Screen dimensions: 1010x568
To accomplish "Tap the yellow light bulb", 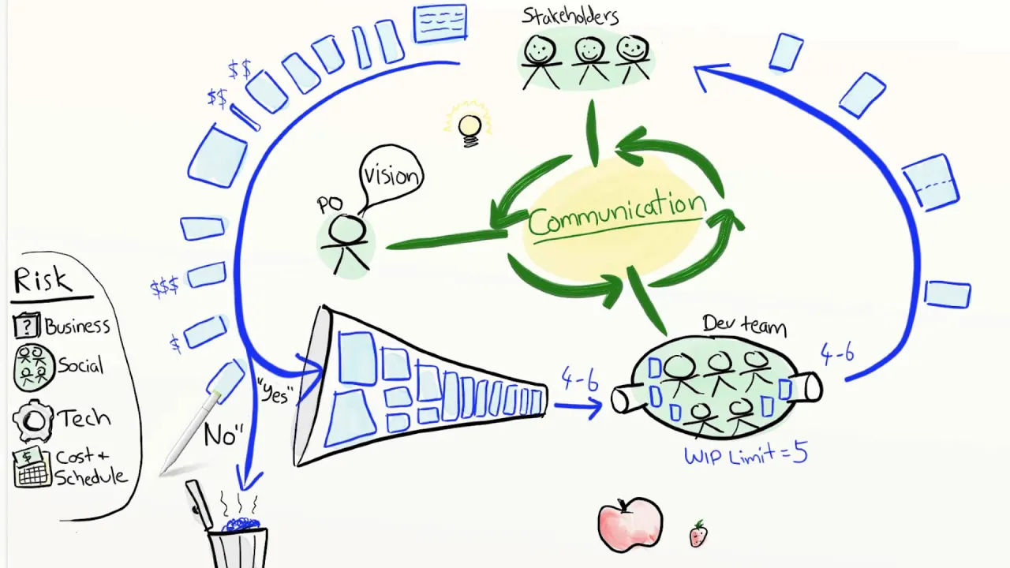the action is pyautogui.click(x=469, y=127).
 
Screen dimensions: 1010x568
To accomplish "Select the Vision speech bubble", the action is pyautogui.click(x=391, y=175).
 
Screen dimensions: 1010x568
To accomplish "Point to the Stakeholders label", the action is pyautogui.click(x=570, y=16).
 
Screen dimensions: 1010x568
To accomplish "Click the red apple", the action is pyautogui.click(x=629, y=524).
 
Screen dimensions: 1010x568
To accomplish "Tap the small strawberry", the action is pyautogui.click(x=698, y=534).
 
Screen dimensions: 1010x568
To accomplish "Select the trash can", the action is pyautogui.click(x=237, y=540).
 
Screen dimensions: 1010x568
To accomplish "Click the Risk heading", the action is pyautogui.click(x=43, y=281).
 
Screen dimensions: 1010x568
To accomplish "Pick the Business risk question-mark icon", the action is pyautogui.click(x=27, y=326).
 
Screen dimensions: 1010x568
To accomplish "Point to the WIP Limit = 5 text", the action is pyautogui.click(x=746, y=455).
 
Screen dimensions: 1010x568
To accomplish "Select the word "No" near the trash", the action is pyautogui.click(x=222, y=435).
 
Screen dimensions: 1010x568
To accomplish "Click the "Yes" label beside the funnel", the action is pyautogui.click(x=273, y=392).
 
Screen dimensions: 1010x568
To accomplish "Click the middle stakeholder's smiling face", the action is pyautogui.click(x=589, y=50).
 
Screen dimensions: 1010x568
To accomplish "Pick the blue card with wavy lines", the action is pyautogui.click(x=440, y=23).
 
